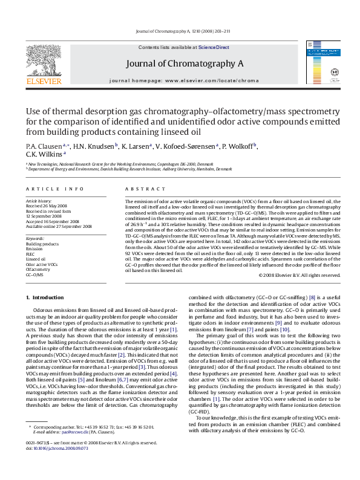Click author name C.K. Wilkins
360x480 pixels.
tap(41, 154)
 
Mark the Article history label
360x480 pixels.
tap(39, 200)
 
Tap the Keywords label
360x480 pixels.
tap(35, 238)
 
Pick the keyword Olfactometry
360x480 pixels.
tap(38, 270)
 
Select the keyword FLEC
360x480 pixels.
tap(31, 254)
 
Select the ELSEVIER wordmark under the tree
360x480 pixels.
tap(43, 80)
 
